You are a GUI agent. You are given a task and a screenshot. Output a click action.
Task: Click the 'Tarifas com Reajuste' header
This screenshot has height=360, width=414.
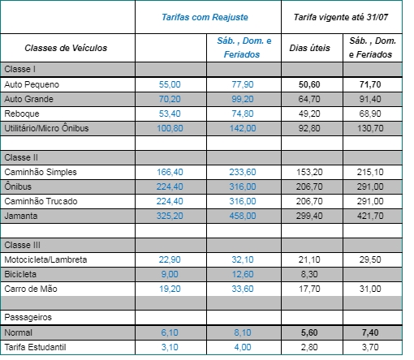point(205,17)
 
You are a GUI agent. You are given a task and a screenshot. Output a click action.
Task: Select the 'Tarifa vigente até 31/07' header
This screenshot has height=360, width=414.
point(341,17)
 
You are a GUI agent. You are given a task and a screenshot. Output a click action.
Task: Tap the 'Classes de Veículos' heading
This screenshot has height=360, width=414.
point(66,48)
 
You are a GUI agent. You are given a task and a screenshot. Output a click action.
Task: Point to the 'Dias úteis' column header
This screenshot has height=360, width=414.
point(309,48)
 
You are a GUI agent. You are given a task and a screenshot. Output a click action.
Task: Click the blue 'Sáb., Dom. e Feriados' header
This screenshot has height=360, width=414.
point(244,48)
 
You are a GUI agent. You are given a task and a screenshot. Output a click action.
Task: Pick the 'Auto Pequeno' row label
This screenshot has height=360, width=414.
point(32,84)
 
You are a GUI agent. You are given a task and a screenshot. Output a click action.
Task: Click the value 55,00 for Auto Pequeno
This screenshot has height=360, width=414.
point(170,84)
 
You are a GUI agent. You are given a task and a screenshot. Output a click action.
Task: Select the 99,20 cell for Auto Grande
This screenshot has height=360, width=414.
point(243,99)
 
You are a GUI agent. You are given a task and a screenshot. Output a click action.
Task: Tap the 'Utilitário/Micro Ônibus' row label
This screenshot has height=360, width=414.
point(46,128)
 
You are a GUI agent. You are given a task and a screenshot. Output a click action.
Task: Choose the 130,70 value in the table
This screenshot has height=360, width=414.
point(370,128)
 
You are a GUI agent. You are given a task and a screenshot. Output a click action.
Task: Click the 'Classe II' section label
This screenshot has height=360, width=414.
point(21,157)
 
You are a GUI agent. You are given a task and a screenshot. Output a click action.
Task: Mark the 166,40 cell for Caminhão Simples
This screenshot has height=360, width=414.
point(170,172)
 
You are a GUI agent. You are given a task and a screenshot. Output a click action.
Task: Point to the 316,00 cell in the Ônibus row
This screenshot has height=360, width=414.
point(243,186)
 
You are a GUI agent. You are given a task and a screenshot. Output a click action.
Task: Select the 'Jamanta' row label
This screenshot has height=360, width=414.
point(21,216)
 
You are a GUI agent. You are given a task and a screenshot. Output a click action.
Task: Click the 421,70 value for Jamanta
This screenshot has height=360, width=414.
point(370,216)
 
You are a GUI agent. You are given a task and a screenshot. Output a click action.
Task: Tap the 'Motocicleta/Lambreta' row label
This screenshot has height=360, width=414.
point(45,259)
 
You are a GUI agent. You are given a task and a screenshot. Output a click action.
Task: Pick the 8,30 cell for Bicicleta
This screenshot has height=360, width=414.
point(309,274)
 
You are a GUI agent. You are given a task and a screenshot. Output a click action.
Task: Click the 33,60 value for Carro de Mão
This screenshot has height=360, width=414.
point(243,289)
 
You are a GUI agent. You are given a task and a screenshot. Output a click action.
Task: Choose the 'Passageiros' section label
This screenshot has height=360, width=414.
point(28,317)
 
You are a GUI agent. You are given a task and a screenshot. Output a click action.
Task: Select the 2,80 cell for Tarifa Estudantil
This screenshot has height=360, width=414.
point(309,347)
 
